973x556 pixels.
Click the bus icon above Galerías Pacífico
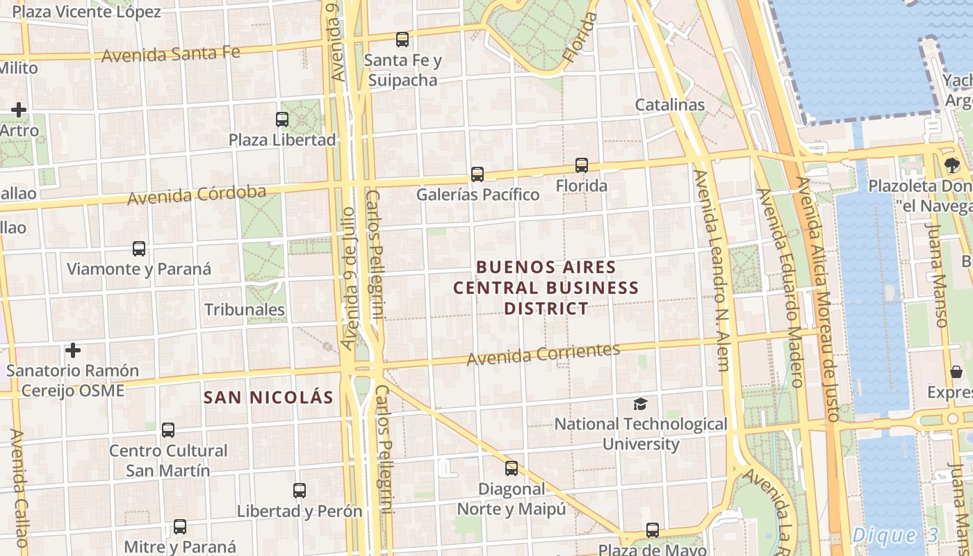point(477,174)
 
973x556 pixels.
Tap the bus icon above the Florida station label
point(582,165)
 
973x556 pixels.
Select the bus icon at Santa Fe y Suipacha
point(402,40)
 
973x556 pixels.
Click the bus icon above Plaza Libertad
point(282,120)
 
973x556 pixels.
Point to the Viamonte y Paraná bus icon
point(139,249)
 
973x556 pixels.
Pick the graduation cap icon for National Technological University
point(640,404)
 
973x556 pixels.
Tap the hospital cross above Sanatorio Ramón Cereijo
point(72,350)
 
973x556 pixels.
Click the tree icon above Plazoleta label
point(951,165)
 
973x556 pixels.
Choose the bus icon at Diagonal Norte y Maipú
point(512,468)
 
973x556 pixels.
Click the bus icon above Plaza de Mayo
point(653,530)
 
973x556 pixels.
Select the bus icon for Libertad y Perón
point(300,491)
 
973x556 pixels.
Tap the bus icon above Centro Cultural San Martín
point(168,430)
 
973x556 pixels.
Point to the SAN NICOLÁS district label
point(268,398)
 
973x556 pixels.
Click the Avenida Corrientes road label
point(543,354)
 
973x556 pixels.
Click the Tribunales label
point(245,309)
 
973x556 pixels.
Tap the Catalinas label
point(670,105)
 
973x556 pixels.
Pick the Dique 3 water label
point(895,535)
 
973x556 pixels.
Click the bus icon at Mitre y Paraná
point(180,527)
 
